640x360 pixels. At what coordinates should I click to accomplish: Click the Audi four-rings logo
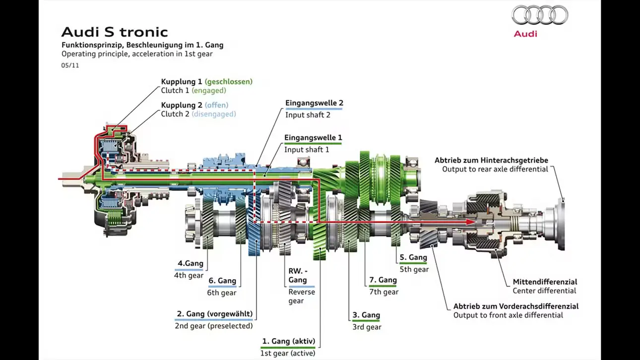click(540, 15)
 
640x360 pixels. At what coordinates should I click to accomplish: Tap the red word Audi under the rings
click(525, 34)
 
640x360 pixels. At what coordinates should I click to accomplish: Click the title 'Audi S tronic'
click(115, 32)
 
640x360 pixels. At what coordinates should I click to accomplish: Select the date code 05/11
click(70, 65)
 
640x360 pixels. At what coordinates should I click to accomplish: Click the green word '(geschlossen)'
click(229, 82)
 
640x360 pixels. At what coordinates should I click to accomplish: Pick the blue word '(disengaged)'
click(214, 114)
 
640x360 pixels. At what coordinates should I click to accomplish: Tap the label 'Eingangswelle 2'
click(314, 103)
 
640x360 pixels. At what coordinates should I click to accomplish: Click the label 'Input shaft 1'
click(307, 150)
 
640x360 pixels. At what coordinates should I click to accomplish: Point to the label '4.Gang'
click(191, 263)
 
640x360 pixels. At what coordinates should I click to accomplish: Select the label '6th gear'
click(222, 293)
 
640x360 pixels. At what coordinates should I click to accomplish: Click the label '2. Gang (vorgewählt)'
click(214, 314)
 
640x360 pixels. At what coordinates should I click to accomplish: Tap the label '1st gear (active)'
click(288, 354)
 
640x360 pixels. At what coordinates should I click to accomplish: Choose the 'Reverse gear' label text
click(302, 297)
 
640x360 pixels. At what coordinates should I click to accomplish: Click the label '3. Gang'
click(366, 315)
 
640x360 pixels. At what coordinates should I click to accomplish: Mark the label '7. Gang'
click(383, 280)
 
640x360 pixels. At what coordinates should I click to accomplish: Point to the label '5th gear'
click(414, 269)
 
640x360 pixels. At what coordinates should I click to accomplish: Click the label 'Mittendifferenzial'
click(545, 282)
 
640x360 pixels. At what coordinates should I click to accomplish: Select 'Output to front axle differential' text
click(508, 315)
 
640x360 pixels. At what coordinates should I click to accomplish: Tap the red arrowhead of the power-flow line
click(470, 222)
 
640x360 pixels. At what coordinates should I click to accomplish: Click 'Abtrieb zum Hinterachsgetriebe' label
click(492, 161)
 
